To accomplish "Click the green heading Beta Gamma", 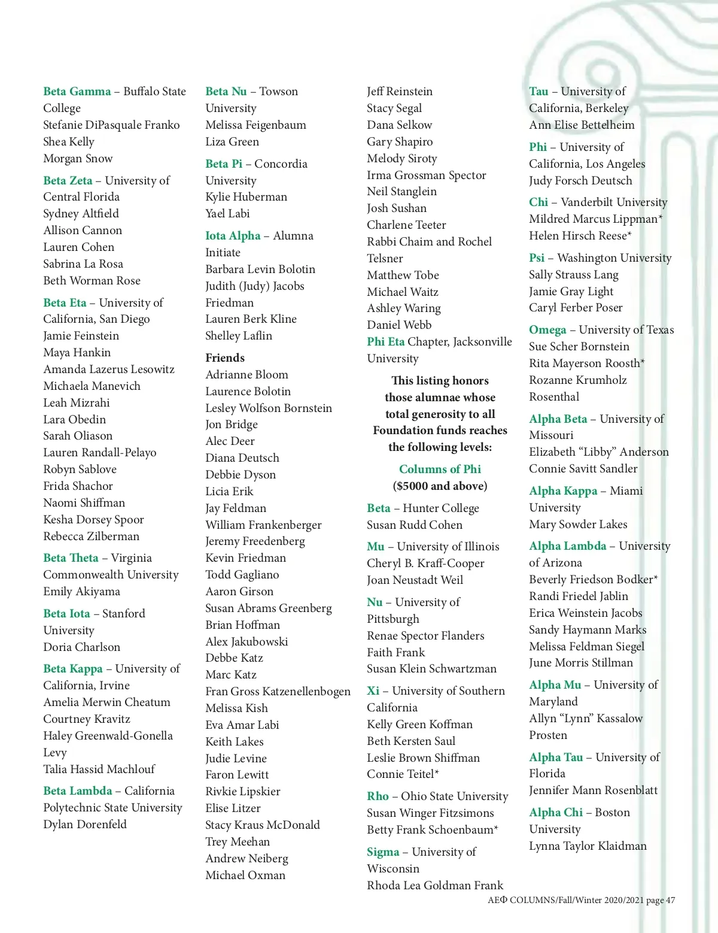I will (77, 92).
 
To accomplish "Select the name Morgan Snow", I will (78, 159).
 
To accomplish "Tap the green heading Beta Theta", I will (71, 558).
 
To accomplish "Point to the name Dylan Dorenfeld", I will (85, 825).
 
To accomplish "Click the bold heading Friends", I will (225, 358).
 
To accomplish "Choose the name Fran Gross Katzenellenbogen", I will (278, 692).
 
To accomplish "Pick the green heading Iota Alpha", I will (233, 236).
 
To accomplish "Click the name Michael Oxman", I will (245, 876).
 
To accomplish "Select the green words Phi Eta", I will (386, 342).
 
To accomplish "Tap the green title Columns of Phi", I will (440, 469).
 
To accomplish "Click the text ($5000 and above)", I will (440, 486).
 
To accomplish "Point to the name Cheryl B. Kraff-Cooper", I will (425, 564).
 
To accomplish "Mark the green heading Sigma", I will (383, 852).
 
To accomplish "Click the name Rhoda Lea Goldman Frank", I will (435, 886).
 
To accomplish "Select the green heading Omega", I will (547, 330).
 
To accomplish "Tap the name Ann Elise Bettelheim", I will (582, 125).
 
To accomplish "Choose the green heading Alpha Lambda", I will (568, 546).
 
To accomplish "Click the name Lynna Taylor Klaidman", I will (588, 846).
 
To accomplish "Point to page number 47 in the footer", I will (670, 900).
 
